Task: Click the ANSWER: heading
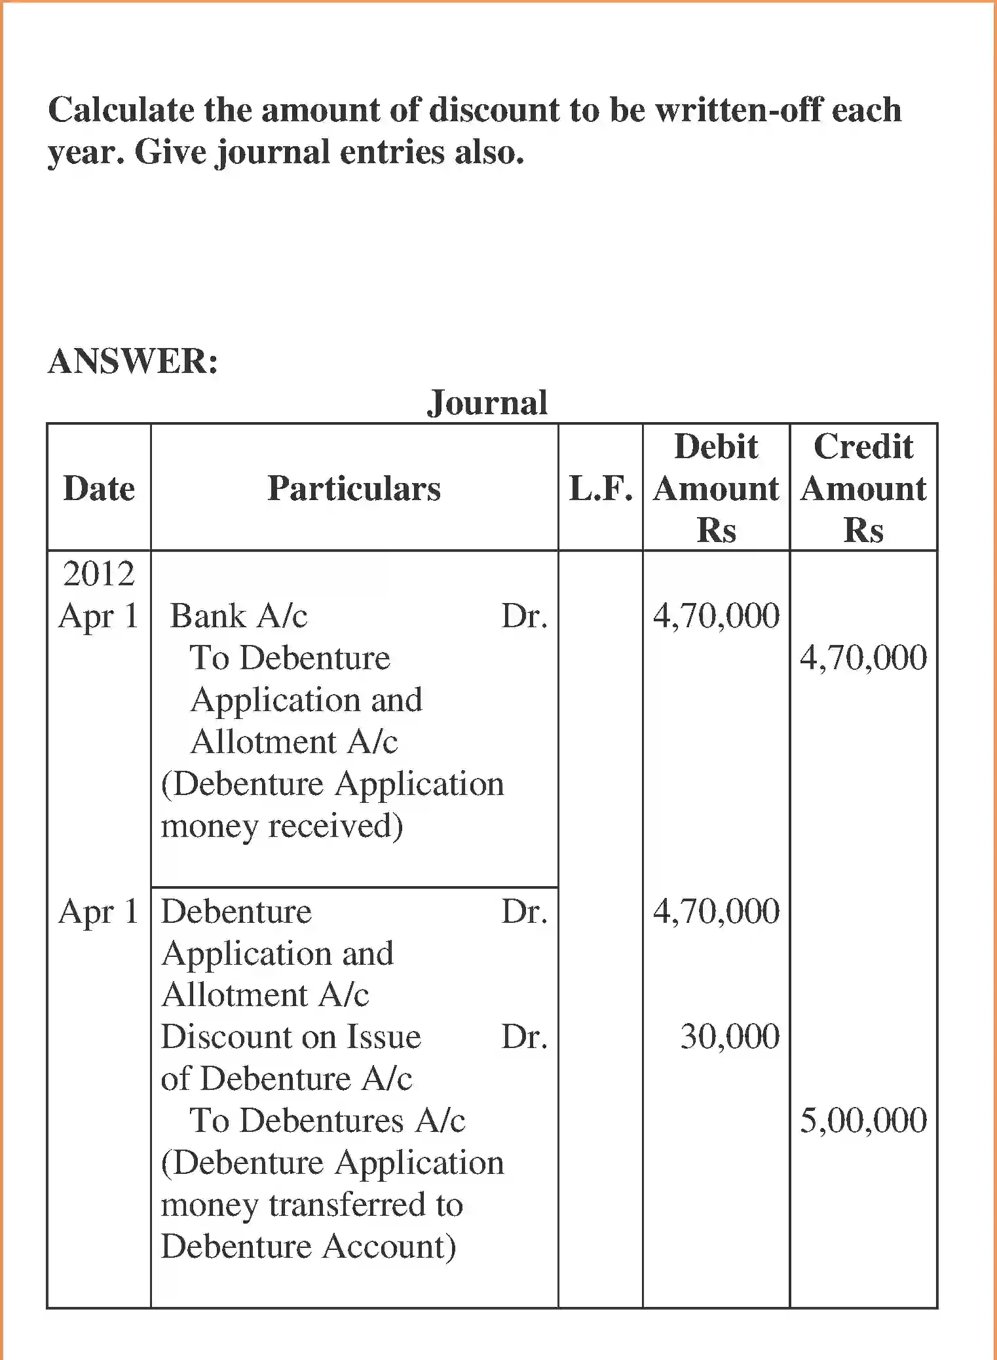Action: (133, 361)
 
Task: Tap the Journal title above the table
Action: (487, 402)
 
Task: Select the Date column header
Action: (99, 488)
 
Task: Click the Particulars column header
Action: (354, 488)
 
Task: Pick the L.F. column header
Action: (601, 488)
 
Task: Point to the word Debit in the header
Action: (716, 447)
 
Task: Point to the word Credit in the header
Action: (863, 447)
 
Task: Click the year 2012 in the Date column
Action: (99, 574)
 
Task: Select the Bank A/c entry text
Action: (238, 616)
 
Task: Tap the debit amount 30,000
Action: (730, 1037)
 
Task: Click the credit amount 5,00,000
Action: (863, 1121)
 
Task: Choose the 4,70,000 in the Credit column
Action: (863, 658)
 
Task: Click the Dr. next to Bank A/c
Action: (524, 616)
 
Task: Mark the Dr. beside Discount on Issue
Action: (524, 1037)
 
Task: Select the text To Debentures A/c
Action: (328, 1121)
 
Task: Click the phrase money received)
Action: (282, 826)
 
